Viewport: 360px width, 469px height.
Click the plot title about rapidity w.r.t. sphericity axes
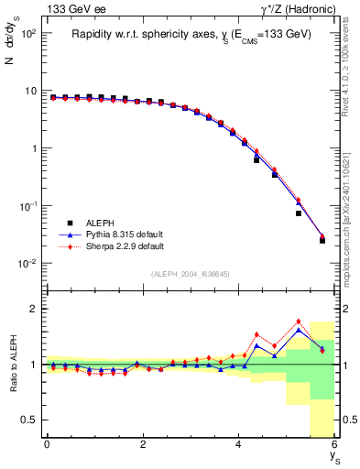192,34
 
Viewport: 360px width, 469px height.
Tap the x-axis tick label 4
239,444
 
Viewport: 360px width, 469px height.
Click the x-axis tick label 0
47,444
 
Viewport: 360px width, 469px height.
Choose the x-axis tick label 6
335,444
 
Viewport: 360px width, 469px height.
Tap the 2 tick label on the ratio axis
33,309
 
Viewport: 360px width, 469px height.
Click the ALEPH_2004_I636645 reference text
191,274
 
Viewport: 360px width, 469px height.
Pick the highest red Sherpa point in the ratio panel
299,322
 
